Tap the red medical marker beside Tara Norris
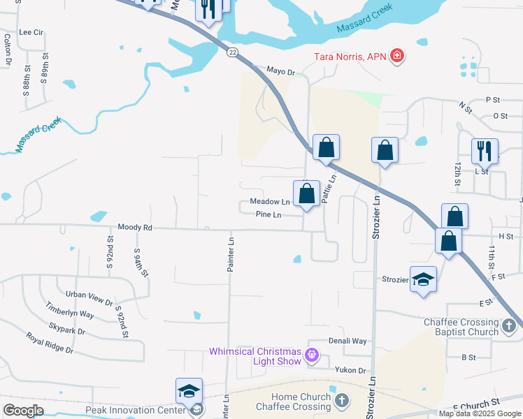pos(397,55)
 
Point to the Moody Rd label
pos(135,228)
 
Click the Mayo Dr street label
pos(282,71)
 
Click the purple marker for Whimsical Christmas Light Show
pos(313,356)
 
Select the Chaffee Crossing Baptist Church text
pos(461,327)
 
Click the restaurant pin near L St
pos(484,150)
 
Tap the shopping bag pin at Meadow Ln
pos(306,193)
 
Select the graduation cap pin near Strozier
pos(423,279)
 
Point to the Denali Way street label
pos(348,341)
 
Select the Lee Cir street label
pos(31,32)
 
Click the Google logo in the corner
pos(23,411)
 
